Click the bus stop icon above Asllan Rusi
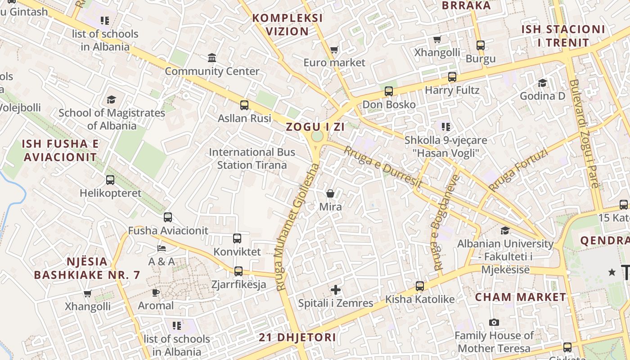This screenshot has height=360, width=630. (244, 105)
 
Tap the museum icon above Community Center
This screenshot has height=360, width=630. (212, 58)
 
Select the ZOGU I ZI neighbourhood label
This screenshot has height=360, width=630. (315, 127)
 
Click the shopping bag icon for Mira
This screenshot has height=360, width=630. (330, 193)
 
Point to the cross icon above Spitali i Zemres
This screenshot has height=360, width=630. (336, 290)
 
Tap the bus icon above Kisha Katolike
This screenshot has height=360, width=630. (420, 286)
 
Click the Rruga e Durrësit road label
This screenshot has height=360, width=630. (383, 166)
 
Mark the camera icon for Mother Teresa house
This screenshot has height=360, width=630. (494, 322)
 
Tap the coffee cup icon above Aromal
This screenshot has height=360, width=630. (156, 292)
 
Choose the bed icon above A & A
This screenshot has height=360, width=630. (162, 248)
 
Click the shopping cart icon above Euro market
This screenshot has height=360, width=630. (334, 49)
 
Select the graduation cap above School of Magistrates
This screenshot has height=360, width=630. (111, 99)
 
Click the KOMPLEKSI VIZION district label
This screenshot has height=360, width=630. (288, 25)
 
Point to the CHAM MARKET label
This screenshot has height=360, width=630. (521, 297)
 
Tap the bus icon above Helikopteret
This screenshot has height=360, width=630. (110, 180)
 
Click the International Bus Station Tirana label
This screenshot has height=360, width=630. (252, 158)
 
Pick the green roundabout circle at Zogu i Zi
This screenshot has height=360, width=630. (317, 136)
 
